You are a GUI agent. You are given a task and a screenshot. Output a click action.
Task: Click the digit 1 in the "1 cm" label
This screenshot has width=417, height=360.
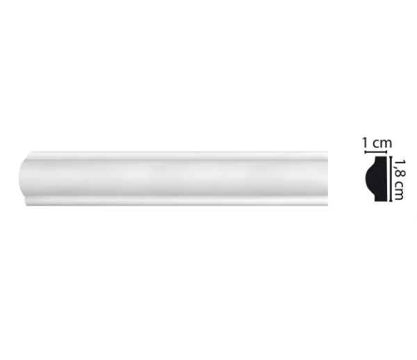366,143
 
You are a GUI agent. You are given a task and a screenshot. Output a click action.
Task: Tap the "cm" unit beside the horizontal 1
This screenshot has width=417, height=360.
382,144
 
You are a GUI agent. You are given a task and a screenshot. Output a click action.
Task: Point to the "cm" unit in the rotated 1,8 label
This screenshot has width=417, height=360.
399,190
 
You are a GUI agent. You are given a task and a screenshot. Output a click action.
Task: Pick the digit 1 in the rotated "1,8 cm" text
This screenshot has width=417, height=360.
400,162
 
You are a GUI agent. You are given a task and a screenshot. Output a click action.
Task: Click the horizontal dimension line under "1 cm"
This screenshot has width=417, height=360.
375,152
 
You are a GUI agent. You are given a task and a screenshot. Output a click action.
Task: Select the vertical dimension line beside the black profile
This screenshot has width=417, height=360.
391,179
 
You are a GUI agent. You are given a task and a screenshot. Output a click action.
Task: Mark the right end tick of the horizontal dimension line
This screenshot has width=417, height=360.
386,152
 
